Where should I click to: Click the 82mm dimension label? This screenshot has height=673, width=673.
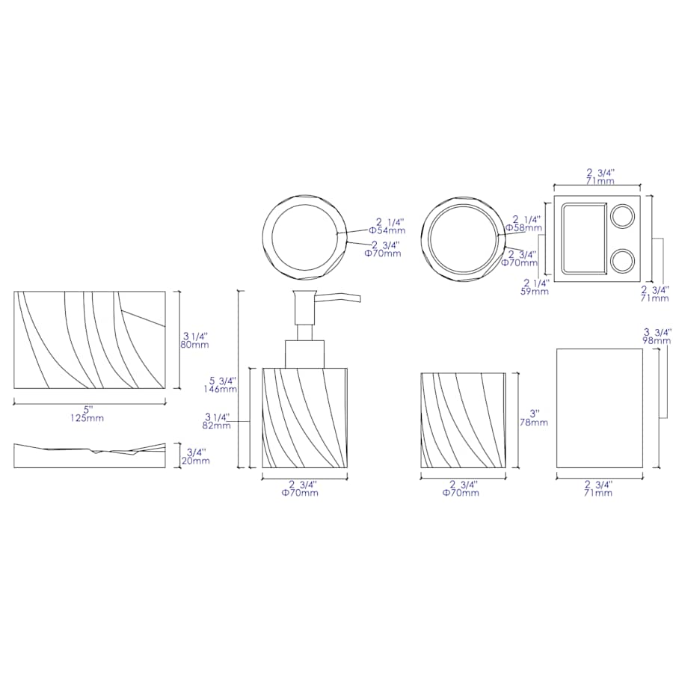[216, 425]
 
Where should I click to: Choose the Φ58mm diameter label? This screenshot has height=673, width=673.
[521, 227]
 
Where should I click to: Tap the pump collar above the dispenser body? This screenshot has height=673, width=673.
[305, 353]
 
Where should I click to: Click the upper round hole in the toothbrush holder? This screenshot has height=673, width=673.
[622, 217]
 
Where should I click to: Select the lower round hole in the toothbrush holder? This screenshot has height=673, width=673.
[622, 260]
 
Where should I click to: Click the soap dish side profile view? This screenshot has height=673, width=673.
[90, 456]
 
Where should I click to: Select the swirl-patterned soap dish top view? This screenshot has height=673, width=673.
[90, 340]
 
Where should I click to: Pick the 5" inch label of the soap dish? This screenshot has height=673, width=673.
[87, 409]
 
